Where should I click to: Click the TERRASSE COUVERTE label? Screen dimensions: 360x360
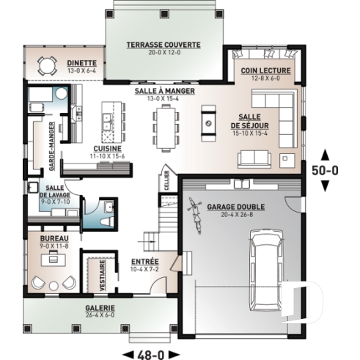point(163,45)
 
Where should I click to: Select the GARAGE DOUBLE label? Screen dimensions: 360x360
point(236,207)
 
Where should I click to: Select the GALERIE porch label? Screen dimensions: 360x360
point(78,309)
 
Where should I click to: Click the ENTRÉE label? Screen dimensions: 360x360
point(146,262)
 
